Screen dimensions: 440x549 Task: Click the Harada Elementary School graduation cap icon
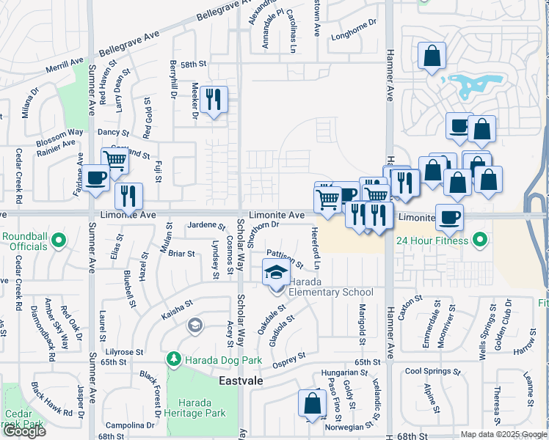[x=275, y=273]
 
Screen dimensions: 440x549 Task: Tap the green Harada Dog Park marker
[x=174, y=359]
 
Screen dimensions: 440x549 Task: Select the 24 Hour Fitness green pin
[x=480, y=240]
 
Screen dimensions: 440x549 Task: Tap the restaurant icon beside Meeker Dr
[x=214, y=99]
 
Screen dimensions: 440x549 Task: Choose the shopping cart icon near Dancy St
[x=114, y=159]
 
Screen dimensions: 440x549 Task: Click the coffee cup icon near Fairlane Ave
[x=95, y=179]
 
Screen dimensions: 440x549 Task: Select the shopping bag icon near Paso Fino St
[x=312, y=403]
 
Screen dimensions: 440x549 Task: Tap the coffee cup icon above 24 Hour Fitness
[x=449, y=216]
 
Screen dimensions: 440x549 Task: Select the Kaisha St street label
[x=177, y=302]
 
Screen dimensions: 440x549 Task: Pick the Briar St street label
[x=181, y=254]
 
